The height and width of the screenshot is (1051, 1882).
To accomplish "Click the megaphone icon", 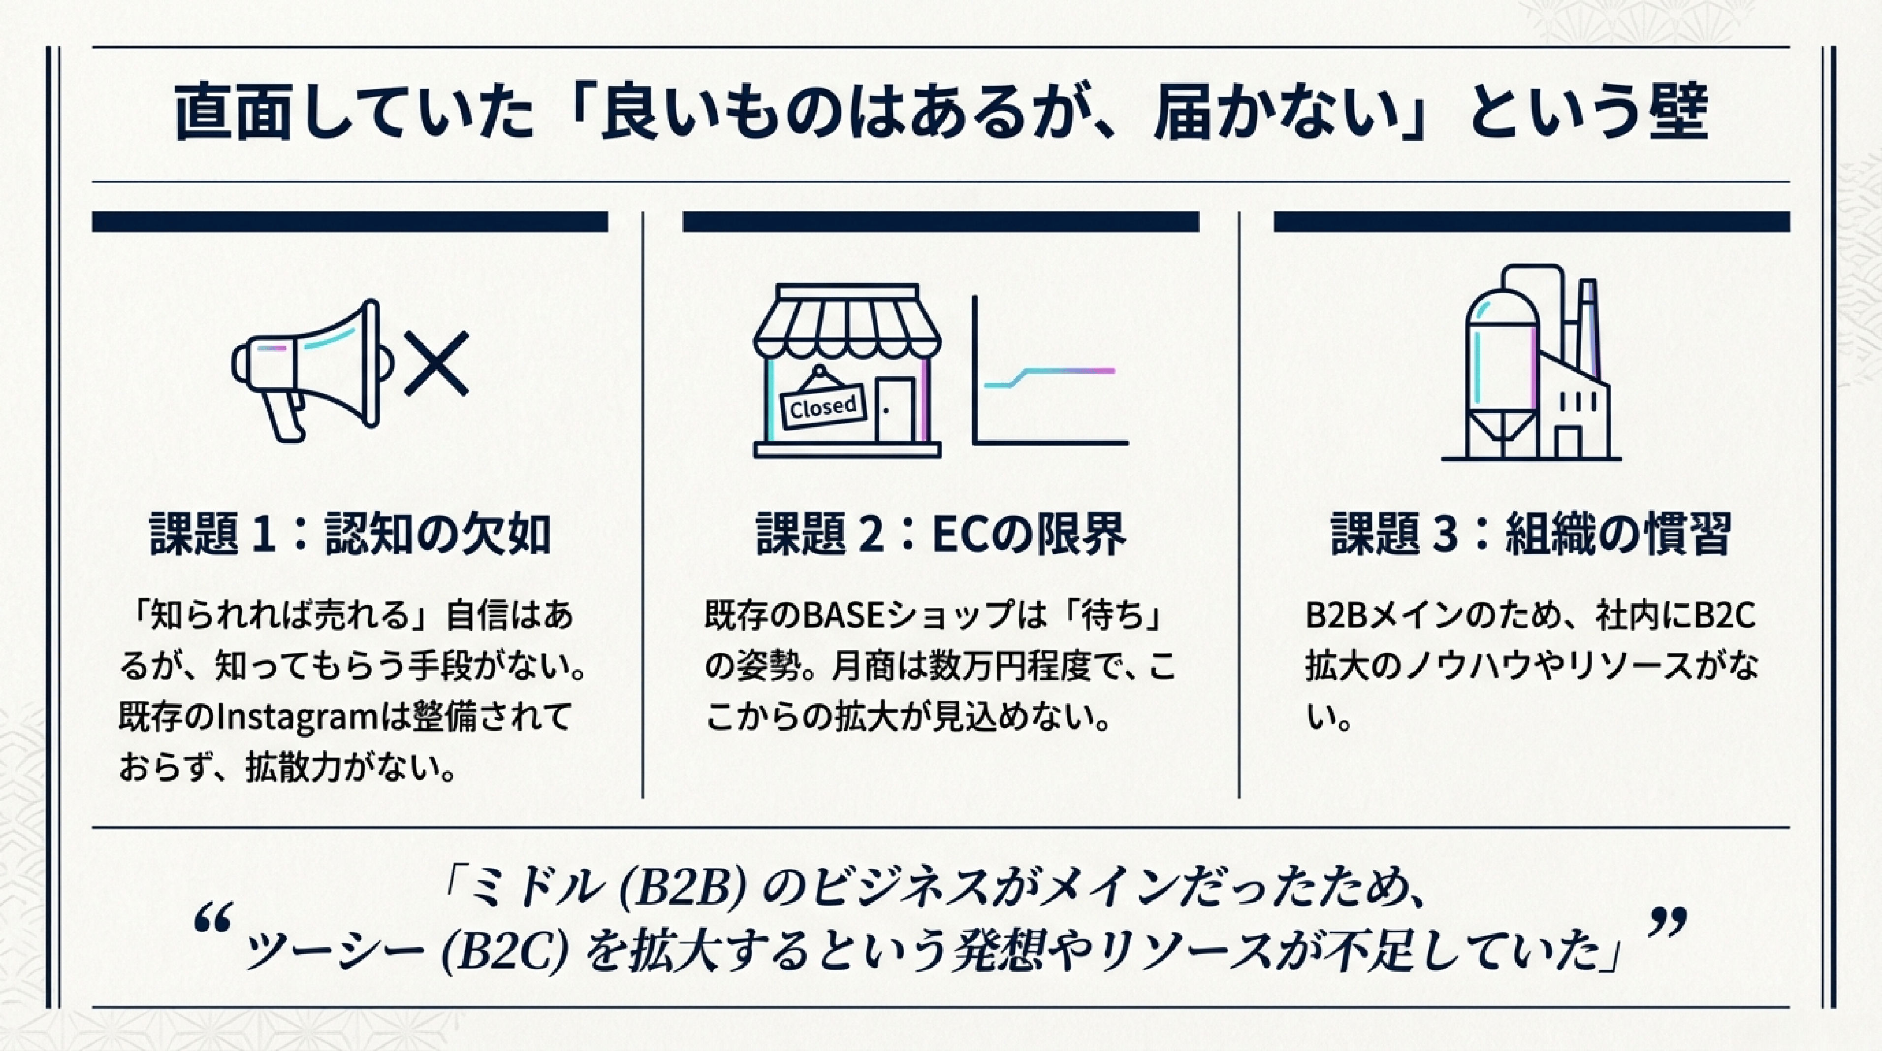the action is [x=311, y=369].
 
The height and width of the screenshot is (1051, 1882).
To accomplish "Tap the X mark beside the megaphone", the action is [x=436, y=364].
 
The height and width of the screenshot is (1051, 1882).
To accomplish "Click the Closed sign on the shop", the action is [x=823, y=406].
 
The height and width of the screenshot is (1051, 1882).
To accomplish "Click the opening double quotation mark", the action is [x=214, y=919].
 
